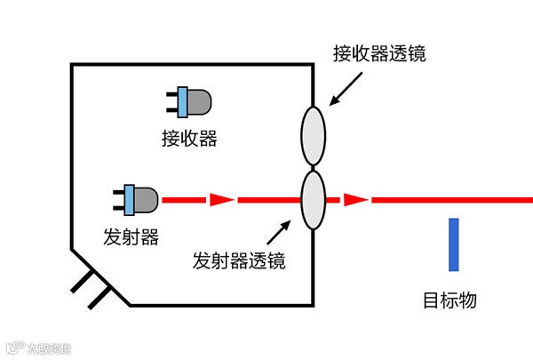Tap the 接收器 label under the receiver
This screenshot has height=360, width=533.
point(189,139)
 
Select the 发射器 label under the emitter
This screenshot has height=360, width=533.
point(131,236)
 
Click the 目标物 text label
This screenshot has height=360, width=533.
point(450,300)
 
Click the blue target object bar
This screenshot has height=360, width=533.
point(454,244)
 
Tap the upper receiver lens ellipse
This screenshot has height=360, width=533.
point(313,136)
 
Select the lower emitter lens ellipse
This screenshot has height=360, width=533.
point(313,200)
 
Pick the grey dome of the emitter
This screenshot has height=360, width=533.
point(147,200)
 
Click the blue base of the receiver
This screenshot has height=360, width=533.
point(182,102)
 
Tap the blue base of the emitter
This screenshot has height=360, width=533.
point(129,200)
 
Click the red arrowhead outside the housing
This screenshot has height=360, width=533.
point(355,200)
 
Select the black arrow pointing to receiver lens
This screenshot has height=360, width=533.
point(346,88)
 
